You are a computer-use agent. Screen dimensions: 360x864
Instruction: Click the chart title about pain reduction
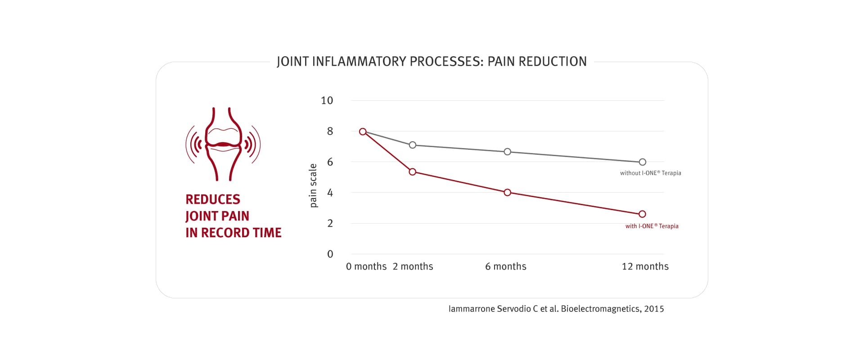[432, 61]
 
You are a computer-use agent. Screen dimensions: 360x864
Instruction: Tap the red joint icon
[223, 144]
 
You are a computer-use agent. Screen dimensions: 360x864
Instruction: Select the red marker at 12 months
[642, 214]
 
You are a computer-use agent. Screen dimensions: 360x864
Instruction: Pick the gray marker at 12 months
[643, 162]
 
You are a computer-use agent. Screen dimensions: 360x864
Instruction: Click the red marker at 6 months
[507, 193]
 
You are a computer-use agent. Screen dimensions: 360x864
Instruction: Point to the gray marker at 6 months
[507, 152]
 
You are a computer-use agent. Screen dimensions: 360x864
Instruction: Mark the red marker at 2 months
[412, 172]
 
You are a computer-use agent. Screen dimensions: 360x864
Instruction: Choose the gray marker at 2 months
[412, 145]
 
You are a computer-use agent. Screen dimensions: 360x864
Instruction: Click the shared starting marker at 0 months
[363, 132]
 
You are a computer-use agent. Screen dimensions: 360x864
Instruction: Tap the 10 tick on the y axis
[327, 101]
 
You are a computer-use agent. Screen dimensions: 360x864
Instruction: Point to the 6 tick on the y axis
[330, 162]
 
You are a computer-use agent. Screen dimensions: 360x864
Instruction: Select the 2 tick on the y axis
[330, 224]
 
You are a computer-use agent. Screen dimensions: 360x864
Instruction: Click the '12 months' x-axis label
[645, 266]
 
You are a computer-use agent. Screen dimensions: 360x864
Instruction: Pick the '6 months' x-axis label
[505, 266]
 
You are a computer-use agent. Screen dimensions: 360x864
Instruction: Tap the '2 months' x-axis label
[413, 266]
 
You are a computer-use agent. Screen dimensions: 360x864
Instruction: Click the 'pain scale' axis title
[313, 185]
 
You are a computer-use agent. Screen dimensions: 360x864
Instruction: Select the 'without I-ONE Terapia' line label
[650, 173]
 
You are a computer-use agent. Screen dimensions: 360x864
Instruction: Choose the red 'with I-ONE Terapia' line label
[652, 226]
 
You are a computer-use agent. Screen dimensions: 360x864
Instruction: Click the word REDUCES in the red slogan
[213, 199]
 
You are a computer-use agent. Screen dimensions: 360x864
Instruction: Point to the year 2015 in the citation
[654, 309]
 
